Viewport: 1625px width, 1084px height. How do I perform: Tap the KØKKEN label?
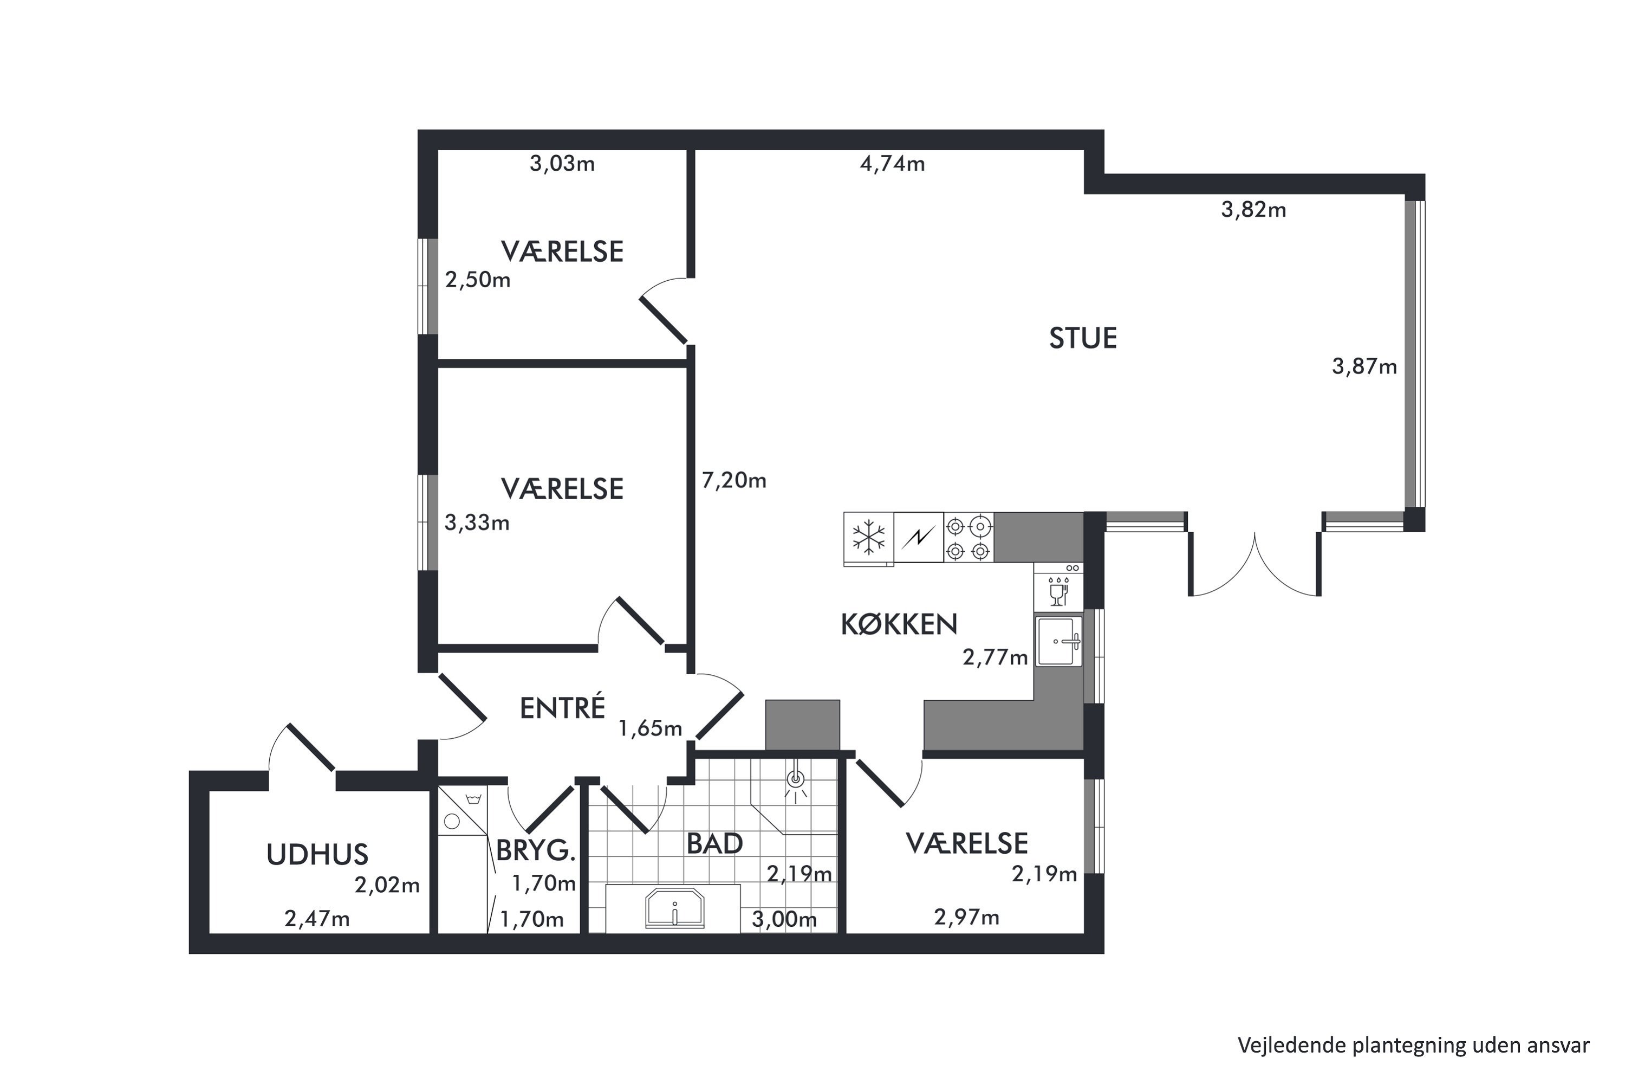(898, 624)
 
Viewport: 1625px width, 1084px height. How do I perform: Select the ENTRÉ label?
(562, 707)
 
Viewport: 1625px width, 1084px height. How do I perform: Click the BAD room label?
(714, 843)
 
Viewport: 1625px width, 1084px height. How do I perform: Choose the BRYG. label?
(536, 850)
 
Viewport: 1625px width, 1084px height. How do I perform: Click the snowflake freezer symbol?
(868, 538)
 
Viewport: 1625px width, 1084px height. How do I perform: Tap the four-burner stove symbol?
(968, 538)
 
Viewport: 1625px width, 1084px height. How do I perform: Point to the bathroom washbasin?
(674, 908)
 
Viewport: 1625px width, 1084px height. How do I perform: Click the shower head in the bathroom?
(796, 779)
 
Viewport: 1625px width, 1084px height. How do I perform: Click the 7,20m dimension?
(734, 480)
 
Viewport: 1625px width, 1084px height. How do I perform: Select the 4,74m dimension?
(892, 164)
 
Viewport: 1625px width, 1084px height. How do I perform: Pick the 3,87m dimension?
(1364, 366)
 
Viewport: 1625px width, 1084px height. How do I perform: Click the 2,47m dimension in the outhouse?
(317, 919)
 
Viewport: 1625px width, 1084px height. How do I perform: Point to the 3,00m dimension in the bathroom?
(784, 919)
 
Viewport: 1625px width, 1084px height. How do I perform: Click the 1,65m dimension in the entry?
(650, 728)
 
